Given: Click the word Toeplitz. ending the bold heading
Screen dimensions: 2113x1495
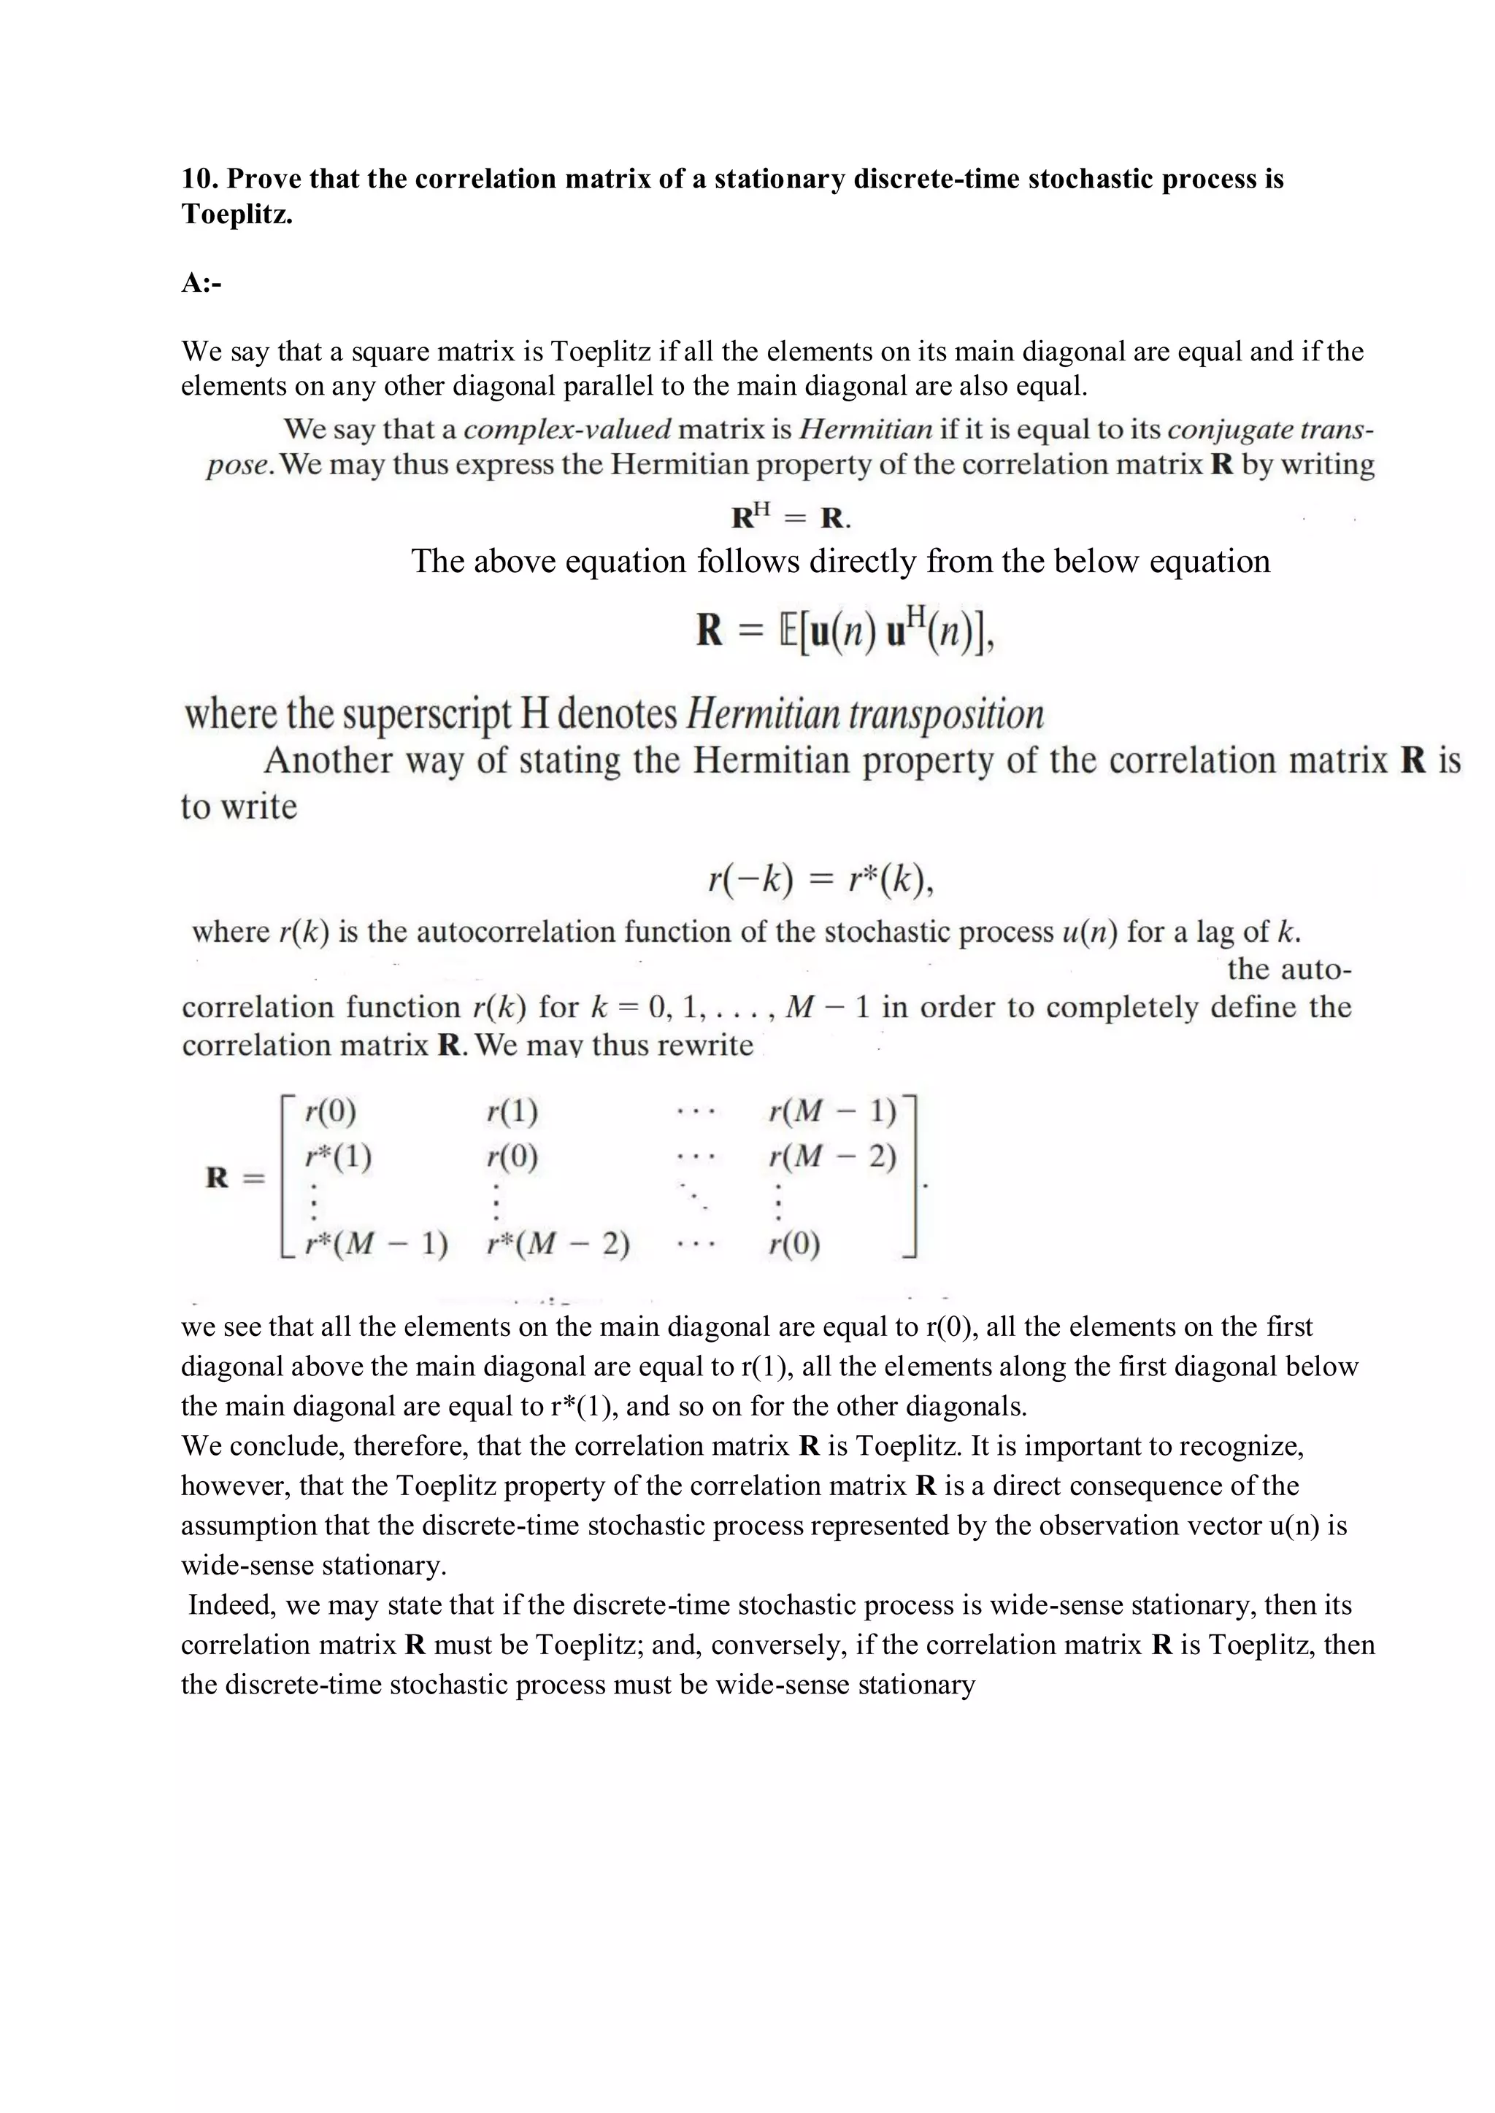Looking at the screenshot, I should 237,215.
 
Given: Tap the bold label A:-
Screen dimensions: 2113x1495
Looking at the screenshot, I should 201,282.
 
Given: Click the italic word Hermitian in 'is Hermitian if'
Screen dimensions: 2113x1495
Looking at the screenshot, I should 864,430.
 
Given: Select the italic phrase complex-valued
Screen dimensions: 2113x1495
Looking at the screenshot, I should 567,430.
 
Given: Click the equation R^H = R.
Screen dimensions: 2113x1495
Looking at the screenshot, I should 791,517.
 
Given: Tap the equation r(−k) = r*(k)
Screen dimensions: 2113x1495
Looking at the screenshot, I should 821,881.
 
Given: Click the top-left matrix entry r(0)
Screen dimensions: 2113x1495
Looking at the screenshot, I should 331,1112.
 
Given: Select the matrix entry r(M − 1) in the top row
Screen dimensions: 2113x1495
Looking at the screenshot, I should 832,1112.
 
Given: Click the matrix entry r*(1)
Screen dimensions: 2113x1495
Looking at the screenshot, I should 338,1156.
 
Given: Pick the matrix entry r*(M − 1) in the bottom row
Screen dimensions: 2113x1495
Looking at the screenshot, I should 377,1244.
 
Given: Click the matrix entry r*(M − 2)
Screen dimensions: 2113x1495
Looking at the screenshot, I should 558,1244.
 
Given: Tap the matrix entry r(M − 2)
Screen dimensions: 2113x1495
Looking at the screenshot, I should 832,1156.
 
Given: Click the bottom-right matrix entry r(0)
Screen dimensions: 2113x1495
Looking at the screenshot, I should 794,1244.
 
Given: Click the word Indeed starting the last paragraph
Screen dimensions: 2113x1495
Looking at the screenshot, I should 232,1605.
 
